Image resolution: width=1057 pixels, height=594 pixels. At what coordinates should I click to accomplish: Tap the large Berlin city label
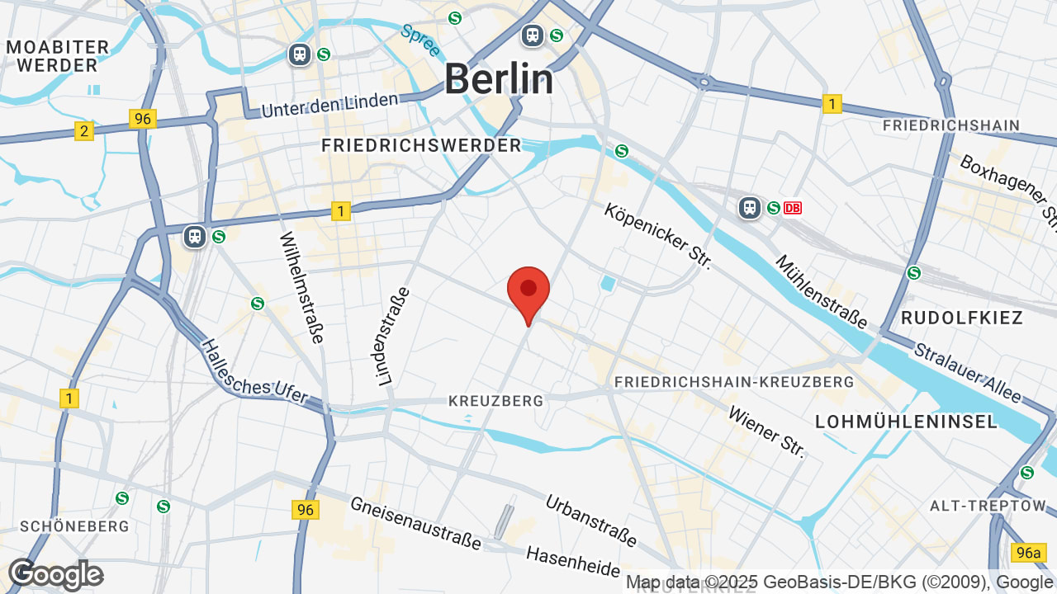(x=499, y=80)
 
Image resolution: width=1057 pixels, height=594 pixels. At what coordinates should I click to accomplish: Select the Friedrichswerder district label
(x=421, y=146)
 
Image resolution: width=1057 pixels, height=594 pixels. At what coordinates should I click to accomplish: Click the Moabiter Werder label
(x=58, y=56)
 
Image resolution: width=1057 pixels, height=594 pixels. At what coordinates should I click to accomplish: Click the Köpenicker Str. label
(x=657, y=237)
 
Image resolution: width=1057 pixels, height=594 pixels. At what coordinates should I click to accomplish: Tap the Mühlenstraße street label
(x=821, y=291)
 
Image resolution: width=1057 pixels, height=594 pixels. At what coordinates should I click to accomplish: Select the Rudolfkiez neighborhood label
(x=962, y=318)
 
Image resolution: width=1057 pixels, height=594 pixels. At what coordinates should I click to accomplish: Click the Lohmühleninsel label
(x=907, y=422)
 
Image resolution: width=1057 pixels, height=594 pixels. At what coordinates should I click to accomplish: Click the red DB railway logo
(x=792, y=208)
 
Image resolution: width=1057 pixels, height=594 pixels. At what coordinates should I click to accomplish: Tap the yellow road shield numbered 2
(x=83, y=131)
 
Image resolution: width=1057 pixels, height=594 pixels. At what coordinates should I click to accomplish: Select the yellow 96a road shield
(x=1029, y=552)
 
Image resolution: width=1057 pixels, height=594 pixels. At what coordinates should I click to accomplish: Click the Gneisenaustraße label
(x=415, y=523)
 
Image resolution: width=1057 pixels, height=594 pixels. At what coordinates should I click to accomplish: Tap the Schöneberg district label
(x=74, y=526)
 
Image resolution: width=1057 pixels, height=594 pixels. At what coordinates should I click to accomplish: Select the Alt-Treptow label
(x=988, y=505)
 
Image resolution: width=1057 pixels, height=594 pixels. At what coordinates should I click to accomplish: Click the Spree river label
(x=420, y=40)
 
